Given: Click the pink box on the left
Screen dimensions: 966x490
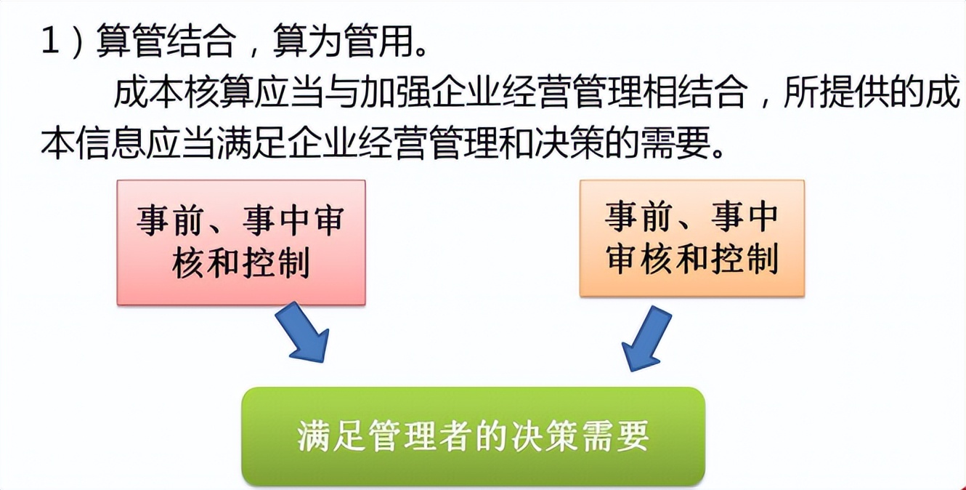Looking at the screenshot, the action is tap(241, 243).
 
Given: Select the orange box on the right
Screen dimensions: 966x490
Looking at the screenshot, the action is tap(692, 238).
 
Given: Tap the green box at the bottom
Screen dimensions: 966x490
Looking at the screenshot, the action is tap(473, 436).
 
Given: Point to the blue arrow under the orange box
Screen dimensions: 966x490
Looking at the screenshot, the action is tap(645, 339).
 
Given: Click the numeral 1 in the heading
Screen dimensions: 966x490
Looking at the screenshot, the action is tap(50, 41).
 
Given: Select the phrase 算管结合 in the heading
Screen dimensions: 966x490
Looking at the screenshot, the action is tap(167, 41).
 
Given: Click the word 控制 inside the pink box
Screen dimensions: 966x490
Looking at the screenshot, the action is tap(277, 264).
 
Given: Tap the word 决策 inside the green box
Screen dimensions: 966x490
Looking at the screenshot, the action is tap(545, 436).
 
